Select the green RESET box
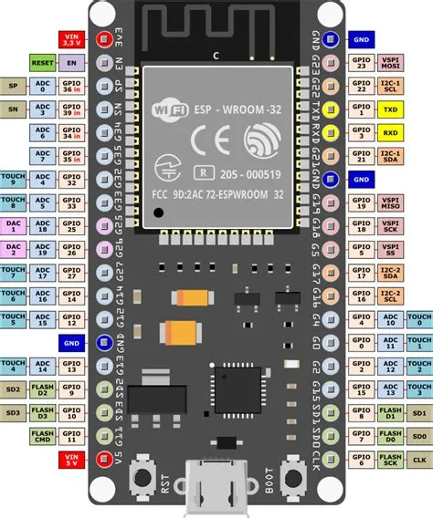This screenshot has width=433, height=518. (43, 64)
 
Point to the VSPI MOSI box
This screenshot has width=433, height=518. (391, 63)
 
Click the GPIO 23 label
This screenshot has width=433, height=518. (359, 63)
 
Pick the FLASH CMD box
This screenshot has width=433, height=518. (43, 436)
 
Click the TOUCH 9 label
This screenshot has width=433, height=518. (13, 180)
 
